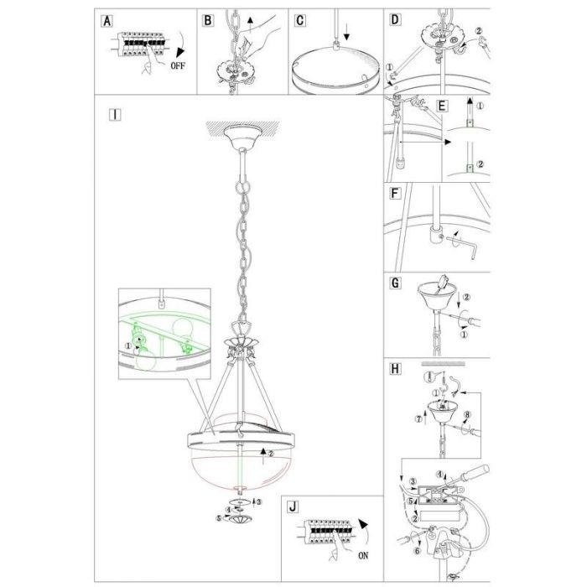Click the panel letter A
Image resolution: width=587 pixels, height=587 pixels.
click(107, 21)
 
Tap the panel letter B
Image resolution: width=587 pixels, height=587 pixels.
click(208, 20)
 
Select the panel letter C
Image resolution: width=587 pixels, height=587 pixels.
click(300, 20)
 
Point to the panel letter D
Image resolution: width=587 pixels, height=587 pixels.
click(395, 19)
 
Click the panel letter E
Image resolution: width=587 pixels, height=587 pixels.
click(442, 106)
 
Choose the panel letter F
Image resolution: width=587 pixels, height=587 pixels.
click(395, 194)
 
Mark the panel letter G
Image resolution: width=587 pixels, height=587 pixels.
click(395, 283)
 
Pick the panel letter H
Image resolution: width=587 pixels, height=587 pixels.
click(395, 369)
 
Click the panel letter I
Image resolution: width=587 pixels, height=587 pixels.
click(115, 115)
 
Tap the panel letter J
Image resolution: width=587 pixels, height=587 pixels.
click(293, 506)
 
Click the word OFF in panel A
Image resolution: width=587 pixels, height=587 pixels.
click(178, 66)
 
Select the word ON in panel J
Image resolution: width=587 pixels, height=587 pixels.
click(363, 555)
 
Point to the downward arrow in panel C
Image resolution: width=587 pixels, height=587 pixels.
click(346, 32)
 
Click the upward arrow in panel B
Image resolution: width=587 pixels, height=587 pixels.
click(251, 24)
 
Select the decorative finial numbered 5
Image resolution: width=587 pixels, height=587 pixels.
click(240, 520)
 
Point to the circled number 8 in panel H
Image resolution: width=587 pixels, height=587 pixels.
click(467, 415)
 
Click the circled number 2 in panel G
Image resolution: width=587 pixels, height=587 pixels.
click(466, 297)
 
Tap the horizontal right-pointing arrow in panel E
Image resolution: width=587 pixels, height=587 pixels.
click(425, 143)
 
